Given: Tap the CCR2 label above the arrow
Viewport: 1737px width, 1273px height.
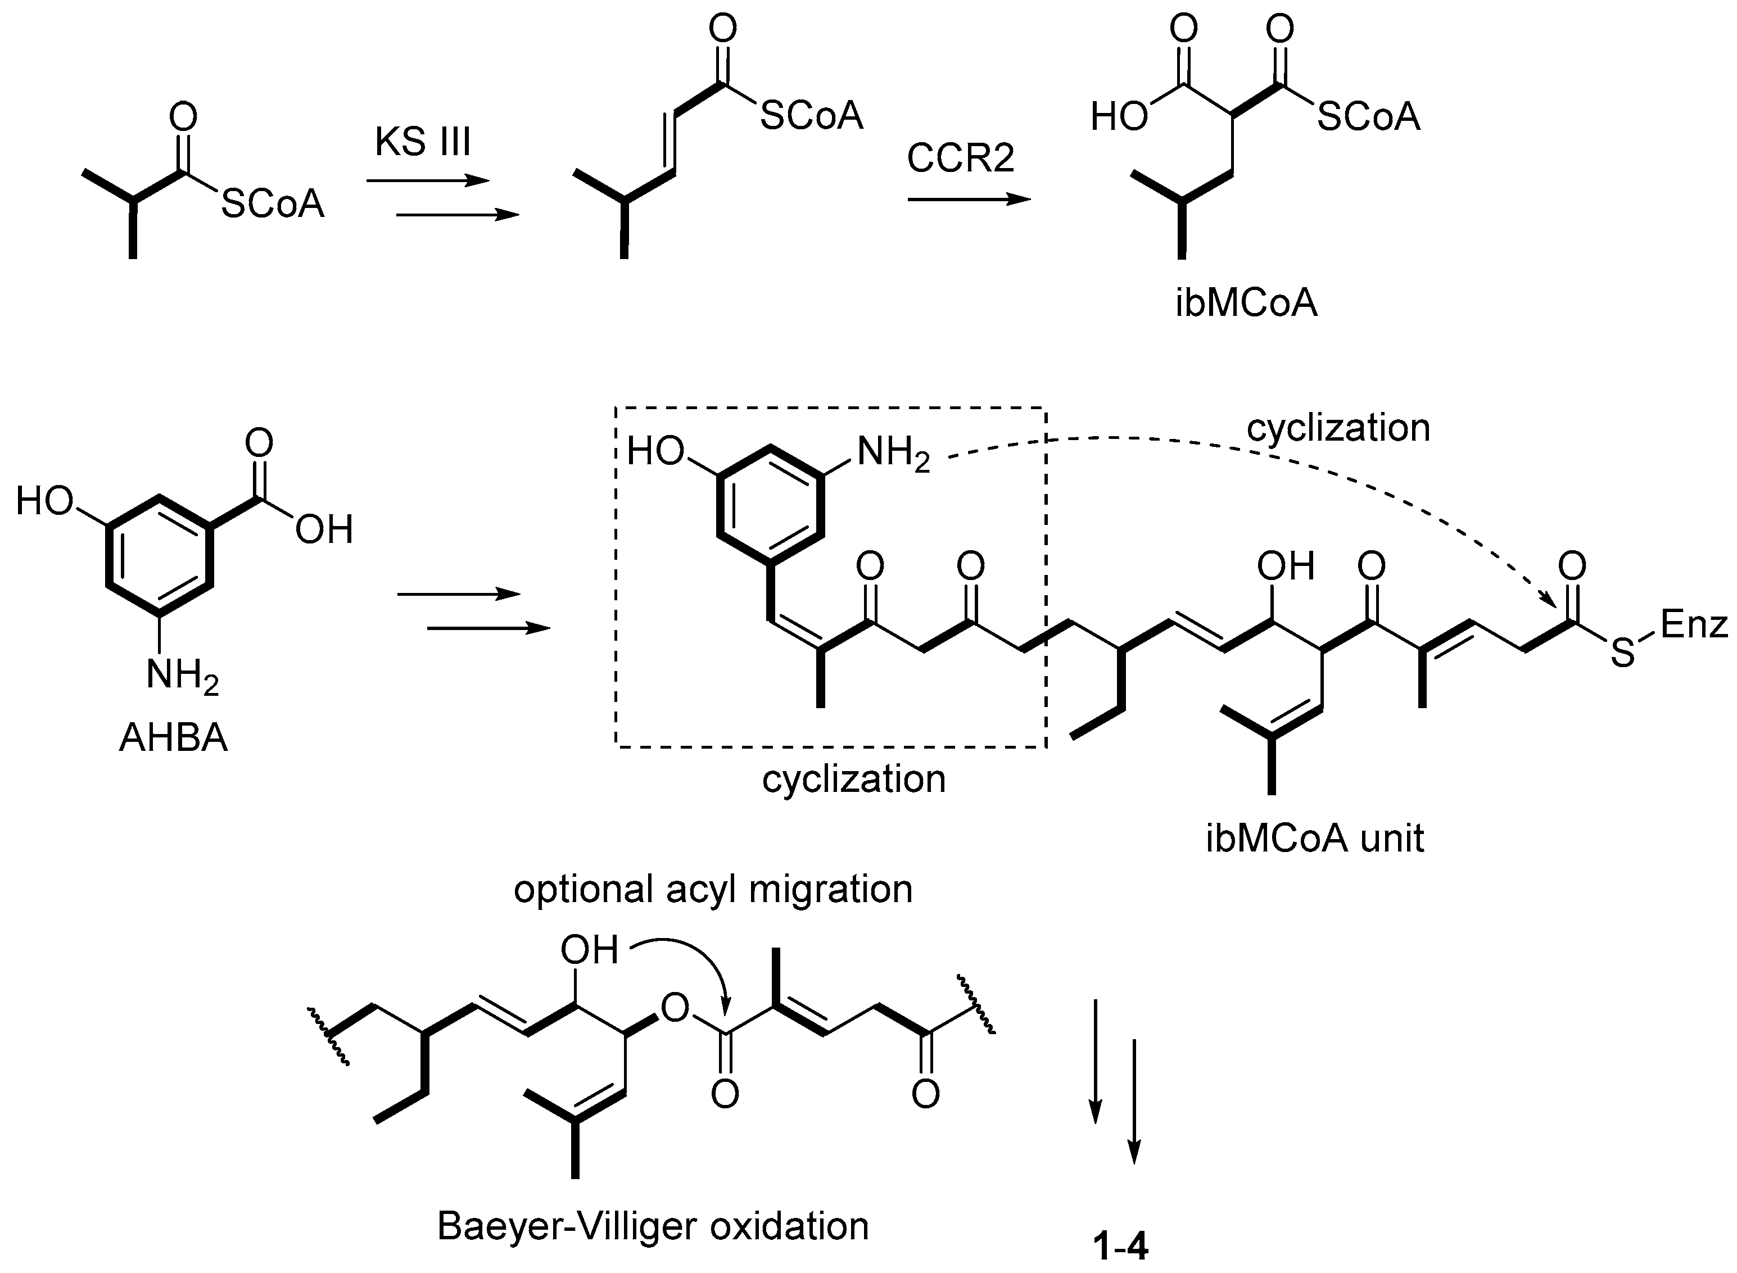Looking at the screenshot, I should pos(960,158).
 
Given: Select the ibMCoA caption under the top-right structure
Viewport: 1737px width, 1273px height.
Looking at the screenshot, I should pos(1246,303).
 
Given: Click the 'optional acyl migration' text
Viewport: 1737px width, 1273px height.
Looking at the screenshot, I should pos(713,889).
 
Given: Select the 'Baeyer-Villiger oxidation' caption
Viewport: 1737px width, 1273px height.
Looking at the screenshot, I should pos(653,1226).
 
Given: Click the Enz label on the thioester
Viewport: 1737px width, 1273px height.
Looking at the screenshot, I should pos(1693,624).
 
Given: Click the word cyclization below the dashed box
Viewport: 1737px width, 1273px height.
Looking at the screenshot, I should pos(854,779).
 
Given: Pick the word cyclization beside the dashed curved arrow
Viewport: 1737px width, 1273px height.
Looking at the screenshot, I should pos(1338,428).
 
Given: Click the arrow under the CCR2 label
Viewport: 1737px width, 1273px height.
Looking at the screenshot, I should pos(969,200).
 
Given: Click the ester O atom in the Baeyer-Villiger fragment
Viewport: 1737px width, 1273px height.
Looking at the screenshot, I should pos(675,1008).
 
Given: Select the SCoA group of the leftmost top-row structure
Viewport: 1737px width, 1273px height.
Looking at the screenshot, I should pos(273,204).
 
